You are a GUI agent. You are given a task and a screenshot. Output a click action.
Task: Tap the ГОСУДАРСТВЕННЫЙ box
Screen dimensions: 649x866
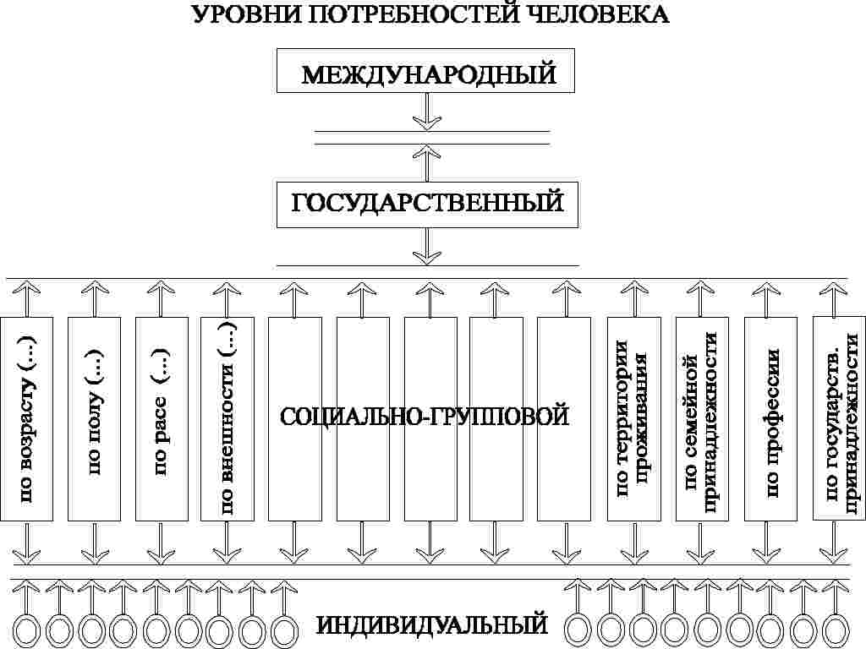click(427, 204)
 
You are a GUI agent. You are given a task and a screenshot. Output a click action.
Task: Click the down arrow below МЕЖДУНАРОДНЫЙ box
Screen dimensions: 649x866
click(427, 111)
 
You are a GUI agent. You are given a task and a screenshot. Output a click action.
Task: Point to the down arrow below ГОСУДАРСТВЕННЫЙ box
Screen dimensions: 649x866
click(427, 245)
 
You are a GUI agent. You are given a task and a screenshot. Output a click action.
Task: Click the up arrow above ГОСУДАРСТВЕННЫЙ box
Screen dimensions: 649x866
click(427, 162)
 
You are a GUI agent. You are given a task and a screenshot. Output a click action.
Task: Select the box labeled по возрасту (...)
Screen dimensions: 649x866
click(27, 419)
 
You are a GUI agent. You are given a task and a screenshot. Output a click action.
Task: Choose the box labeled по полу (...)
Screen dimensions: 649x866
click(93, 419)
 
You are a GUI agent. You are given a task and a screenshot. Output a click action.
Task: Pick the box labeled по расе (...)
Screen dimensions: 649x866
click(161, 419)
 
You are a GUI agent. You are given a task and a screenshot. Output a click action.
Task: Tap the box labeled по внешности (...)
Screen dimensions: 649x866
click(227, 419)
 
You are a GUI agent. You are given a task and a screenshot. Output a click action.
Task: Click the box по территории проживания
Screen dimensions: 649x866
click(633, 419)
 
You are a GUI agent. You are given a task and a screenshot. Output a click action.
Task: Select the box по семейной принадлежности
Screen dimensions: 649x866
click(701, 419)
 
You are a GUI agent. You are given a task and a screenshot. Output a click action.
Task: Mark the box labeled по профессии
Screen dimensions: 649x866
click(770, 419)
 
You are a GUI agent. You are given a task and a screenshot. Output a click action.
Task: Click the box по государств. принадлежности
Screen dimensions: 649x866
click(838, 419)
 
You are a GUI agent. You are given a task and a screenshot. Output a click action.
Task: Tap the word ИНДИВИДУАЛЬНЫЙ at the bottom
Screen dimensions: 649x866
click(431, 626)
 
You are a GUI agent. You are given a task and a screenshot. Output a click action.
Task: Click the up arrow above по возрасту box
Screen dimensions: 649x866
click(27, 298)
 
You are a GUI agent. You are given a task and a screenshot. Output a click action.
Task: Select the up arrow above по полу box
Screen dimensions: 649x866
click(94, 298)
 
